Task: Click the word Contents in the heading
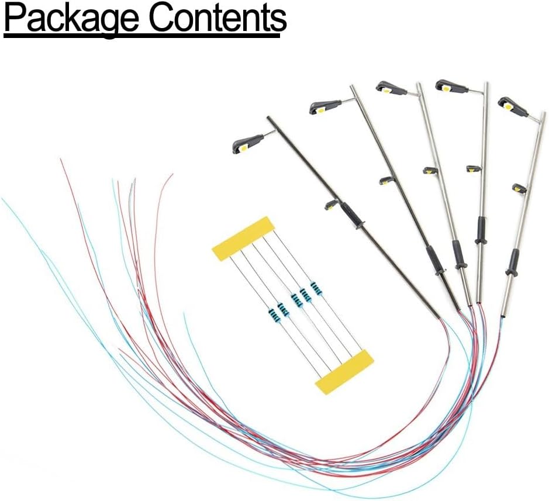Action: pos(217,19)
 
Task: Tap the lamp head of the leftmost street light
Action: pos(248,142)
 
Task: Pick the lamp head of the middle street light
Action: pos(391,88)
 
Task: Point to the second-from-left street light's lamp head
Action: pos(325,106)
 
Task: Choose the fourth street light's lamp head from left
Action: pos(451,87)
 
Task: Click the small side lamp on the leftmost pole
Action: pos(331,204)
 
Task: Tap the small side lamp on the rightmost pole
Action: pos(519,188)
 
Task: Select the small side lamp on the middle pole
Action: pos(431,171)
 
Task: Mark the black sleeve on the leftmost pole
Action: pos(353,216)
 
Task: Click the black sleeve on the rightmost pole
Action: pos(513,262)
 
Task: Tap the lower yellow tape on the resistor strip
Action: pos(344,371)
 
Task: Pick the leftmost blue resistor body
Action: pos(273,316)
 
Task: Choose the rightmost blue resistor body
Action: pos(316,288)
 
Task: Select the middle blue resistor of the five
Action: pos(296,300)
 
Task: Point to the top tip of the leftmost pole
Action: pos(268,118)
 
